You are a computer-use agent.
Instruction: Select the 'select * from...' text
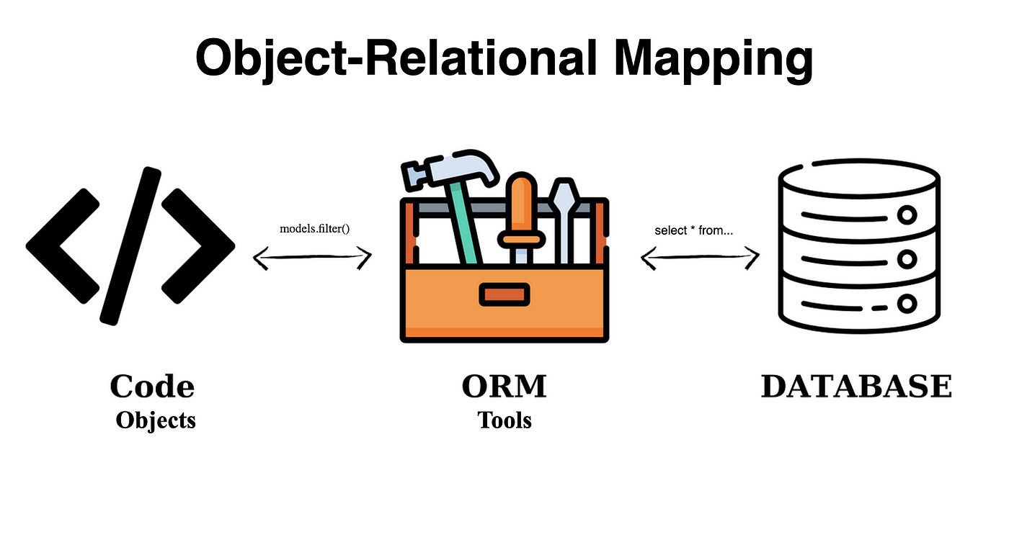tap(693, 230)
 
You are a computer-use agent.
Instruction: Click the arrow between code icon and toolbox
tap(313, 257)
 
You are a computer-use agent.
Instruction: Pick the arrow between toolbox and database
tap(700, 257)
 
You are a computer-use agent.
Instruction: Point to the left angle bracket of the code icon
tap(63, 245)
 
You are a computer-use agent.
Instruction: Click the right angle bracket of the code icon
tap(197, 245)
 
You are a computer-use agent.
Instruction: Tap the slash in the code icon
tap(130, 245)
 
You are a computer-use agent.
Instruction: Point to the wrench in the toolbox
tap(562, 216)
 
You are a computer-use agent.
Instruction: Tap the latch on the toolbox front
tap(504, 294)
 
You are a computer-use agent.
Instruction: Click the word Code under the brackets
tap(152, 387)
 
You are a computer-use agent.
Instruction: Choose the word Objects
tap(156, 420)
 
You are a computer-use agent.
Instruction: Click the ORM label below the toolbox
tap(504, 387)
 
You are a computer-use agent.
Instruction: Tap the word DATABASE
tap(856, 387)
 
